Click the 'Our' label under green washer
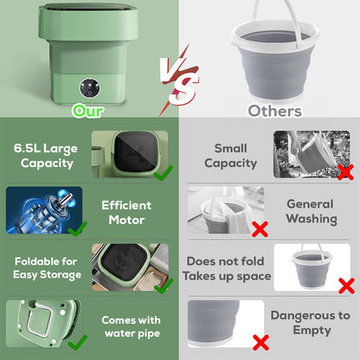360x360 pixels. [x=88, y=111]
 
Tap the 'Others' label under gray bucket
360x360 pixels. [x=274, y=111]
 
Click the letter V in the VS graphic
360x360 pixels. [x=170, y=70]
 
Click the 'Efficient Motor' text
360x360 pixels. [x=126, y=212]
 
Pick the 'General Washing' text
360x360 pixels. [x=311, y=212]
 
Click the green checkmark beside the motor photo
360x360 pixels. [x=78, y=229]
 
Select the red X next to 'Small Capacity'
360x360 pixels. [x=344, y=170]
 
